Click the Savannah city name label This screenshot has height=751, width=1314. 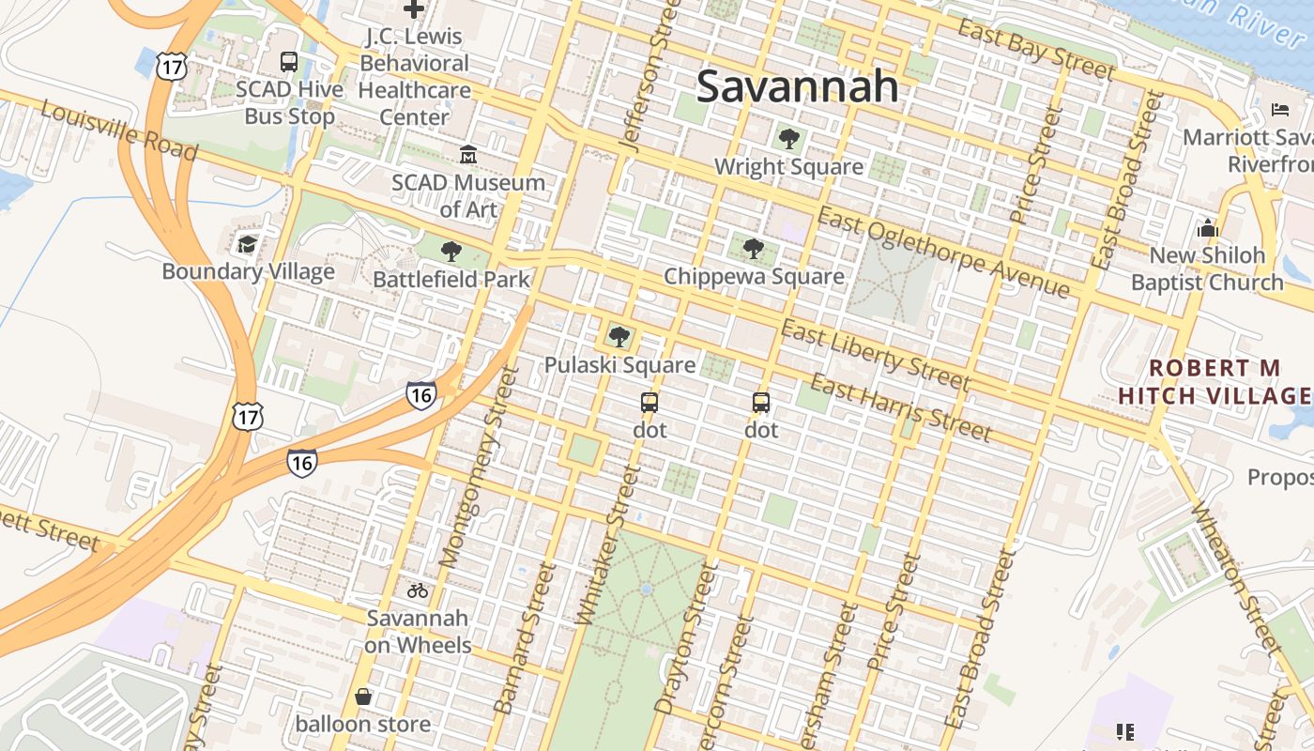(x=797, y=86)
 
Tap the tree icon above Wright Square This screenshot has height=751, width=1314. (x=788, y=140)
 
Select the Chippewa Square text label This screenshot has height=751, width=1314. (x=754, y=277)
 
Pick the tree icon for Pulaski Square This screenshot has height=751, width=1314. (x=619, y=337)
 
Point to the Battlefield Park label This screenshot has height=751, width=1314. (x=451, y=279)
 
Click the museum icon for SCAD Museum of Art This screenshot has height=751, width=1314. (x=467, y=154)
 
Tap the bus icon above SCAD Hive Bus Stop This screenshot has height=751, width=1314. (x=289, y=62)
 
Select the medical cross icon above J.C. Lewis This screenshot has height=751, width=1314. (x=413, y=9)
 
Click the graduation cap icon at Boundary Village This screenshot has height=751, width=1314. (x=247, y=244)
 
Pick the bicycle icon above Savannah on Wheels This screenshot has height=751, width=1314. (x=418, y=590)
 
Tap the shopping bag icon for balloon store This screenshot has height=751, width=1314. (x=363, y=697)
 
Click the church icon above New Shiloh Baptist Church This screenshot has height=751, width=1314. (x=1207, y=228)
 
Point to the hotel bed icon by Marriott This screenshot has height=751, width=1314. (x=1280, y=110)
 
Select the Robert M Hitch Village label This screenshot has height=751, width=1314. (x=1215, y=381)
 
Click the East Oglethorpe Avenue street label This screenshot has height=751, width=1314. (x=942, y=252)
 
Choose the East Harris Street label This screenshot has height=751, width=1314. (x=900, y=407)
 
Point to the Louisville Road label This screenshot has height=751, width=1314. (x=119, y=130)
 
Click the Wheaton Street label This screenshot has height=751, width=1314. (x=1237, y=576)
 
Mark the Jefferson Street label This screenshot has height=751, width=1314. (x=649, y=76)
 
